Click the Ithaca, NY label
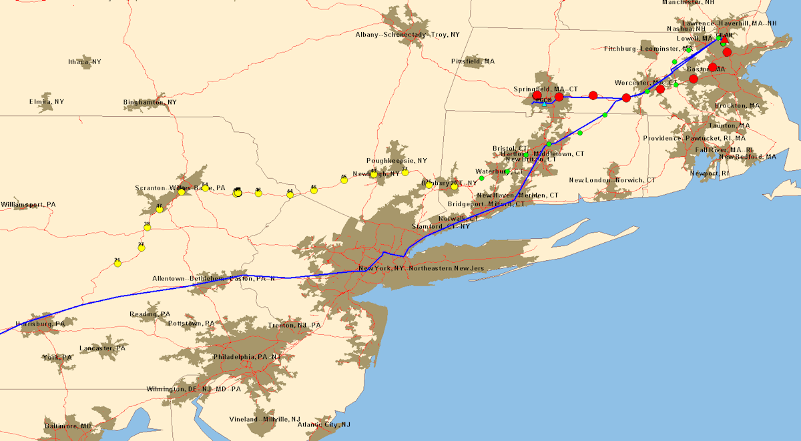(x=85, y=62)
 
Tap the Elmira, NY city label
(x=47, y=102)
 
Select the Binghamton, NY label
(x=150, y=103)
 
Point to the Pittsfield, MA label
(x=473, y=61)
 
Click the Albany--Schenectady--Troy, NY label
(x=407, y=35)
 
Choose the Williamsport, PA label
(x=28, y=204)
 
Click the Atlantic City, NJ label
(x=324, y=425)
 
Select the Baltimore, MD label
(x=68, y=426)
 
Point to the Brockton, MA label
(x=737, y=106)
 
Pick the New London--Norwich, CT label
(x=612, y=181)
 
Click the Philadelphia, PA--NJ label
(x=247, y=357)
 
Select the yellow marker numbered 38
(x=148, y=228)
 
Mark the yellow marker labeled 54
(x=205, y=187)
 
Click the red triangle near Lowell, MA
(x=724, y=39)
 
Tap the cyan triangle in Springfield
(x=544, y=104)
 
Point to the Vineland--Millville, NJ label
(x=265, y=419)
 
